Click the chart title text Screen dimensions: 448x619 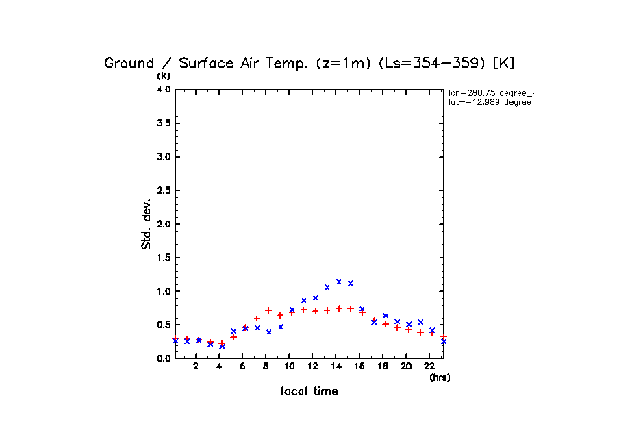click(x=309, y=63)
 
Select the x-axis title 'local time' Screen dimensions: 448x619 click(x=309, y=392)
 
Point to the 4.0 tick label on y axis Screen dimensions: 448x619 click(x=163, y=90)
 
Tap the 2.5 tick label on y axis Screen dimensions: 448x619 click(x=163, y=190)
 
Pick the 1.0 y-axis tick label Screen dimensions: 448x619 click(x=163, y=291)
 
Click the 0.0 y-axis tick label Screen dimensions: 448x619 click(x=163, y=358)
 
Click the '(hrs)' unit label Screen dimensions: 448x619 click(x=440, y=377)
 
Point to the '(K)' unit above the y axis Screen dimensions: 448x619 click(x=164, y=75)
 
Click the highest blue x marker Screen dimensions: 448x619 click(x=339, y=282)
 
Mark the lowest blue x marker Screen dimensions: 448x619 click(x=222, y=346)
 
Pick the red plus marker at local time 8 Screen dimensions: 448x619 click(x=268, y=310)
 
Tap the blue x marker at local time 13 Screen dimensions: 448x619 click(x=327, y=287)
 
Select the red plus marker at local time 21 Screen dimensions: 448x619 click(x=420, y=332)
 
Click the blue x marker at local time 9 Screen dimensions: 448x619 click(x=280, y=327)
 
